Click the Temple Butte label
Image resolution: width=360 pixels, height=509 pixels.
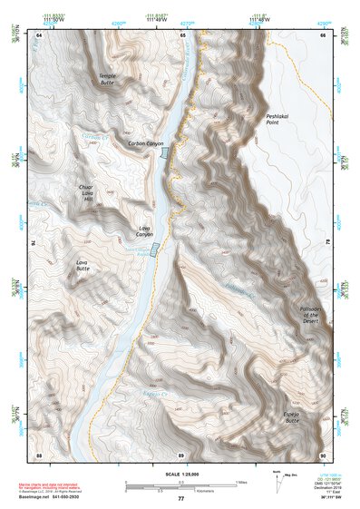[x=108, y=78]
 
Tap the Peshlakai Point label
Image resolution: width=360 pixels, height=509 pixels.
[x=277, y=120]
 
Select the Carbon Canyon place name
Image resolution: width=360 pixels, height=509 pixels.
[x=146, y=143]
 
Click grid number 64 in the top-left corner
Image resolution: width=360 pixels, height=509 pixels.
[x=40, y=34]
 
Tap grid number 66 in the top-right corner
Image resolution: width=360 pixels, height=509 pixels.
[x=324, y=34]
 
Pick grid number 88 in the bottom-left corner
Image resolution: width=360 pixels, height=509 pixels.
[x=40, y=454]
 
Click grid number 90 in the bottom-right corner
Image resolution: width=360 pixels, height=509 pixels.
[x=324, y=454]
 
